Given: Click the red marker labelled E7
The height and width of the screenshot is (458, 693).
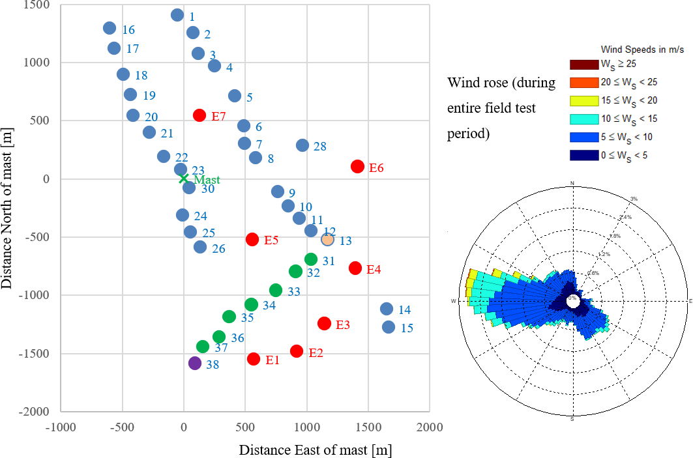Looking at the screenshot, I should pyautogui.click(x=199, y=115).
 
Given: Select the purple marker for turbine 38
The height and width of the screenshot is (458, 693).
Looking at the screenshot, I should pyautogui.click(x=194, y=363).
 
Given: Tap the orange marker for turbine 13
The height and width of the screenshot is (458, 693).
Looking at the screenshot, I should pyautogui.click(x=327, y=239).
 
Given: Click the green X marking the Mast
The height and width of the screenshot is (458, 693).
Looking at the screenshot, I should pyautogui.click(x=184, y=179).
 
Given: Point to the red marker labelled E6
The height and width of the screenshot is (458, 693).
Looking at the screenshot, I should pyautogui.click(x=357, y=166).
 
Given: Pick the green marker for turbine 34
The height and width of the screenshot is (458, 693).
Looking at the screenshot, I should pyautogui.click(x=251, y=304).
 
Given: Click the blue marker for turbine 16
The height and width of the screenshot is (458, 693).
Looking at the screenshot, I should pyautogui.click(x=110, y=28).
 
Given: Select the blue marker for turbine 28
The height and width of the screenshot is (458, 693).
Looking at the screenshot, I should pyautogui.click(x=302, y=145).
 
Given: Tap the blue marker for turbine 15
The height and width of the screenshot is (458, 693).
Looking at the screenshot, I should pyautogui.click(x=389, y=327).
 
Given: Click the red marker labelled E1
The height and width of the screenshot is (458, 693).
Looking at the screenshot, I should pyautogui.click(x=254, y=359).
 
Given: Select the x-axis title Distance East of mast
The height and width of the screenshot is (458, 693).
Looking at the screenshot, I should pyautogui.click(x=315, y=450).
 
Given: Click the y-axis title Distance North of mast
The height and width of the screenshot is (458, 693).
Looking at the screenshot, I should pyautogui.click(x=8, y=208).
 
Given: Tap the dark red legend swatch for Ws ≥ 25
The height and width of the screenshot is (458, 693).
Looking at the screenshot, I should pyautogui.click(x=585, y=64).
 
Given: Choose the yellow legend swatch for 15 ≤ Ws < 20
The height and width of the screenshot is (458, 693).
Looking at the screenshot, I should pyautogui.click(x=585, y=100).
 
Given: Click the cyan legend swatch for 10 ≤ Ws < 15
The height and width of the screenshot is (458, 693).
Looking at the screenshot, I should pyautogui.click(x=585, y=119).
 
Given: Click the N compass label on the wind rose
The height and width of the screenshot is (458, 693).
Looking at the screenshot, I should pyautogui.click(x=572, y=184).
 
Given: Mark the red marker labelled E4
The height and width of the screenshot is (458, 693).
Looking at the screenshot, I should pyautogui.click(x=355, y=268).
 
